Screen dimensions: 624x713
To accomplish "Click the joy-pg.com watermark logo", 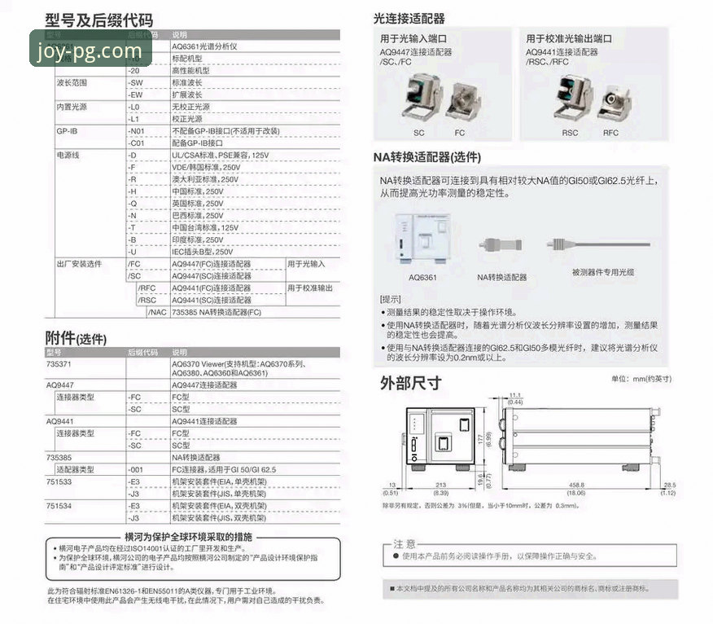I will tap(89, 51).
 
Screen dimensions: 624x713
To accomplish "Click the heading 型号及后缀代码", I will tap(98, 20).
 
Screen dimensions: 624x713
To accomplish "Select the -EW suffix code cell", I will tap(136, 94).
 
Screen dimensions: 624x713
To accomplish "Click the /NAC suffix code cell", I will tap(158, 312).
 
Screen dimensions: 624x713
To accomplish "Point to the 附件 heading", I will tap(75, 338).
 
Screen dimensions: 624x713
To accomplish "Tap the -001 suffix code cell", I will tap(138, 470).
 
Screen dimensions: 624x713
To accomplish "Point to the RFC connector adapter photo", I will tap(610, 101).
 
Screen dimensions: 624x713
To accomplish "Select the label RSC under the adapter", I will tap(570, 133).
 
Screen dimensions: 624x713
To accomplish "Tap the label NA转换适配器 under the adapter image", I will tap(502, 277).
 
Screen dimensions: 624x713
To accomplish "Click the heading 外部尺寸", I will tap(411, 383).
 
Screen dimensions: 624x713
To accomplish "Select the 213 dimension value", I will tap(440, 485).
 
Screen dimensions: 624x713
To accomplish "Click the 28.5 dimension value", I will tap(670, 485).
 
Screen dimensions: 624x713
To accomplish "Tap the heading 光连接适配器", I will tap(409, 18).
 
